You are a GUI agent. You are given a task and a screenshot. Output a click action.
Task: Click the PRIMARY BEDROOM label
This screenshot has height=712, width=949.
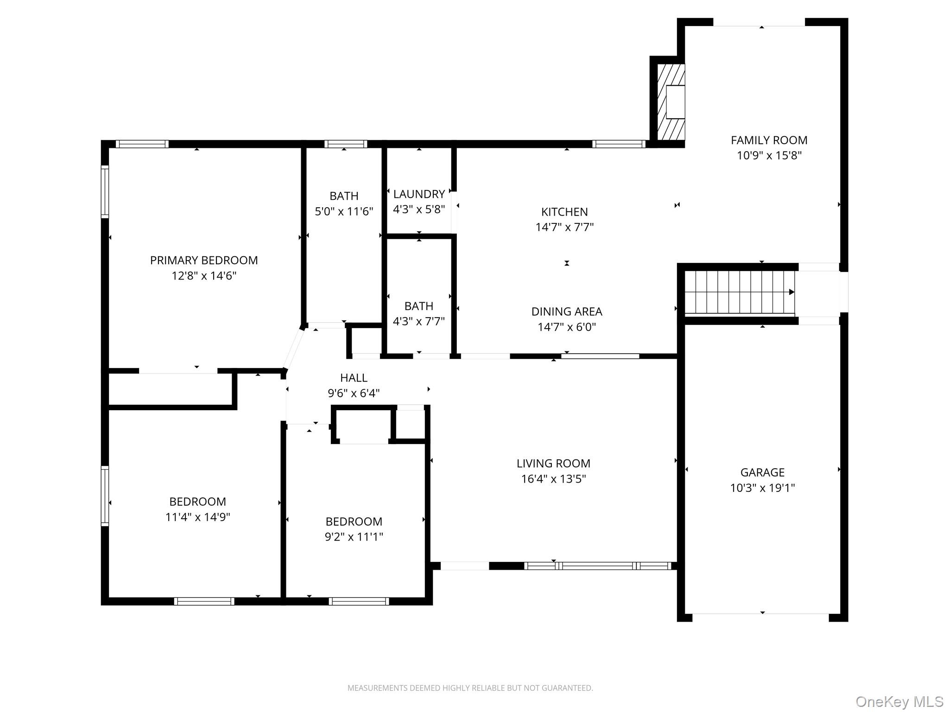[204, 261]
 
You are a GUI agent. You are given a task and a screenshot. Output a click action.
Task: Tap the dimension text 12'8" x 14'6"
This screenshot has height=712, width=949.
[204, 276]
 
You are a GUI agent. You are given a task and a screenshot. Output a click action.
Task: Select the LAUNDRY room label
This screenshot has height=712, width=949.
[419, 194]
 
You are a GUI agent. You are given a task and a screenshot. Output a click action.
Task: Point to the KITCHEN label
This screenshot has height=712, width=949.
[564, 212]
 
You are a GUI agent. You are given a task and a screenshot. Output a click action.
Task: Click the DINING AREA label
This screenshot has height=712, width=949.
[567, 311]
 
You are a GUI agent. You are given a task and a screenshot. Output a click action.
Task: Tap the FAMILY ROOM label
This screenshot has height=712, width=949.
[769, 140]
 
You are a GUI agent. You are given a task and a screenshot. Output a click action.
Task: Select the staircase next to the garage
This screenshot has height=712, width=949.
[739, 292]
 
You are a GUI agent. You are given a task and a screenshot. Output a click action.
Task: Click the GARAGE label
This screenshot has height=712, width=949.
[762, 472]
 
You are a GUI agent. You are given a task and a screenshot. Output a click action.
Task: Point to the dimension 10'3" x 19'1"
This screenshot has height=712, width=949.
[762, 488]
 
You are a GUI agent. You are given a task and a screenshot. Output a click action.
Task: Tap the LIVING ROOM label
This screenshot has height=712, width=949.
[553, 464]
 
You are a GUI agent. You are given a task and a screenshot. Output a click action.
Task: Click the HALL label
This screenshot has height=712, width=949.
[354, 378]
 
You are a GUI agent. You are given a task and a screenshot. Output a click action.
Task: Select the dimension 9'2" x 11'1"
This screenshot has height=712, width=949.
[354, 537]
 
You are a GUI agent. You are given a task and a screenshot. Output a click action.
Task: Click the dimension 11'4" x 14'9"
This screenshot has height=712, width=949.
[198, 517]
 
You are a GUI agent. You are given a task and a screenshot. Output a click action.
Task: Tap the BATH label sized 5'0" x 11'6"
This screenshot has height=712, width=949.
[344, 196]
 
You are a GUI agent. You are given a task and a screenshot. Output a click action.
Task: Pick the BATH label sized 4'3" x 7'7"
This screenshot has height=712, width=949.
[419, 306]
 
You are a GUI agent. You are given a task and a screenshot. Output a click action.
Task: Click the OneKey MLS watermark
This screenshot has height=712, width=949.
[899, 701]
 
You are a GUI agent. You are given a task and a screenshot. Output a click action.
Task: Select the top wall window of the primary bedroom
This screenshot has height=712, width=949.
[142, 144]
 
